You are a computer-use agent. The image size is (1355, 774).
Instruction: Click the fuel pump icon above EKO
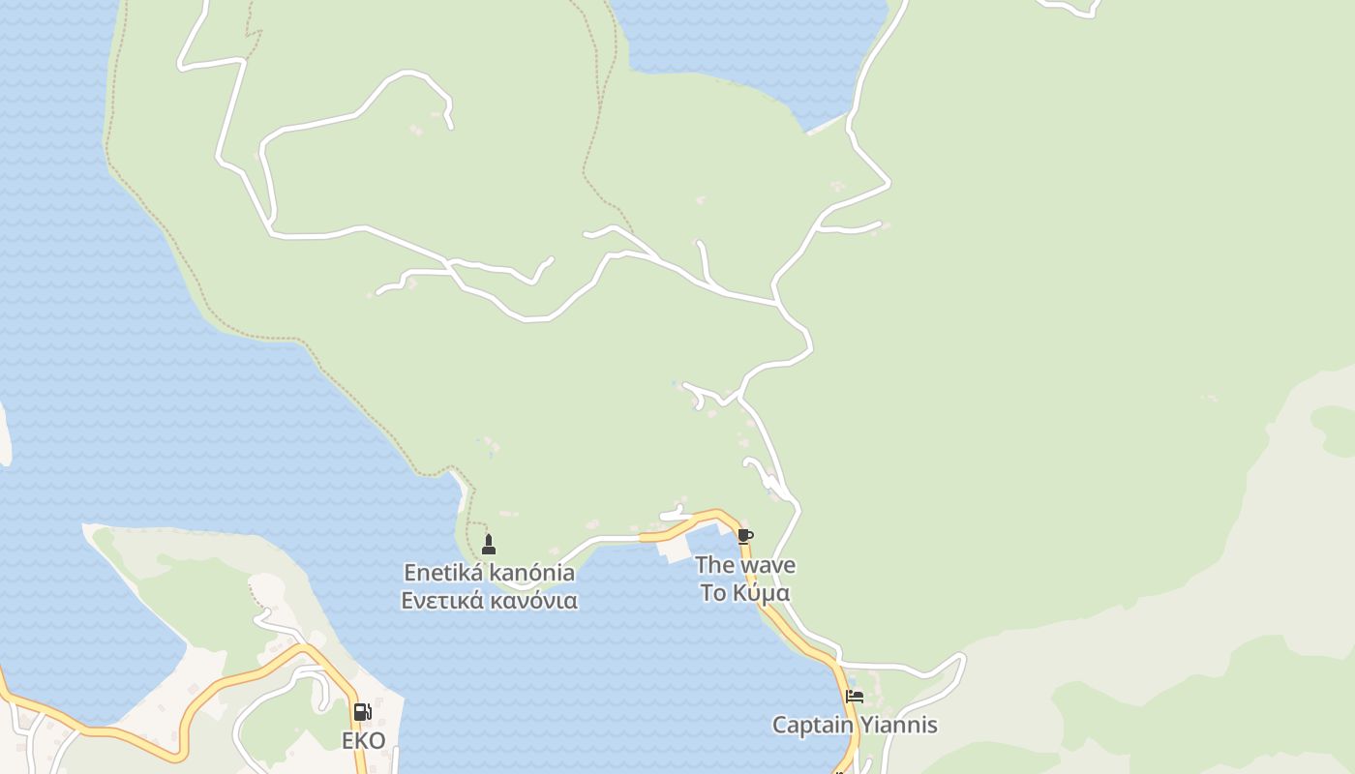[x=362, y=712]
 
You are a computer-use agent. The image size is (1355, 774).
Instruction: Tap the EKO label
[x=363, y=741]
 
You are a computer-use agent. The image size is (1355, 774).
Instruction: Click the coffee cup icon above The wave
[x=744, y=536]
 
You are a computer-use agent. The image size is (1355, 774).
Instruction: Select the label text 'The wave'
[x=745, y=565]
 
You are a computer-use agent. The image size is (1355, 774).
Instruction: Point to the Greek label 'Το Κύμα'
[x=745, y=593]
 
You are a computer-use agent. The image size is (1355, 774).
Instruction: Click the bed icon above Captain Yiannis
[x=854, y=696]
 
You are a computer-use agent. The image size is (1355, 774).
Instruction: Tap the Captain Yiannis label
[x=854, y=725]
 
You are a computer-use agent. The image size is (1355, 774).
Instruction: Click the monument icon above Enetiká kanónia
[x=489, y=544]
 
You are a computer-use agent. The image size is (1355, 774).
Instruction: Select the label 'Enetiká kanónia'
[x=489, y=573]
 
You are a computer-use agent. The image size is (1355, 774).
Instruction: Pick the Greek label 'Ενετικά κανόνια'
[x=489, y=601]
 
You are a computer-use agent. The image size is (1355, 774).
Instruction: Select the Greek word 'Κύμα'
[x=762, y=593]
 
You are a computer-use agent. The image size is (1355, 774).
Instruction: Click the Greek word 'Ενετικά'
[x=442, y=601]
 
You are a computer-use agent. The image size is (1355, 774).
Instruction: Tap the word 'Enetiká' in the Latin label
[x=443, y=573]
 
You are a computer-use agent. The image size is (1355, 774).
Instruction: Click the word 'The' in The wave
[x=714, y=565]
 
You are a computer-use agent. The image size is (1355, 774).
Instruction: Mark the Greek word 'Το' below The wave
[x=713, y=593]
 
